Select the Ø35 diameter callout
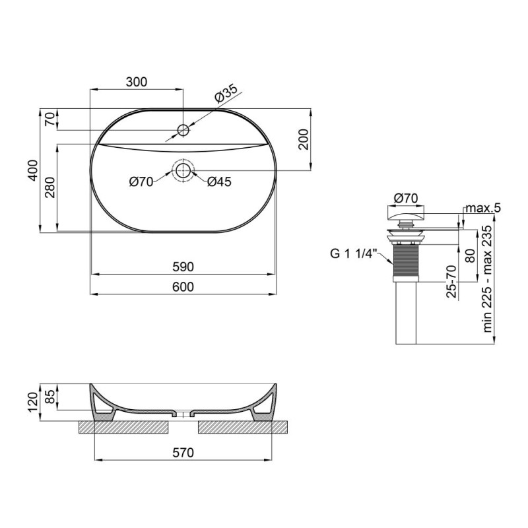tap(225, 94)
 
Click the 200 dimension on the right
tap(303, 139)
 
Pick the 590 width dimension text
tap(183, 267)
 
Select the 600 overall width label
tap(183, 286)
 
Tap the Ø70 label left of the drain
tap(141, 182)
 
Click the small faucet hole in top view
tap(183, 129)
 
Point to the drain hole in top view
tap(183, 171)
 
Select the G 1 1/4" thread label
tap(354, 251)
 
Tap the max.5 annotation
tap(483, 209)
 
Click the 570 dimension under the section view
tap(183, 453)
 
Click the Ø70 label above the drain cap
tap(405, 197)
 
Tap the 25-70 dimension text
tap(451, 282)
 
